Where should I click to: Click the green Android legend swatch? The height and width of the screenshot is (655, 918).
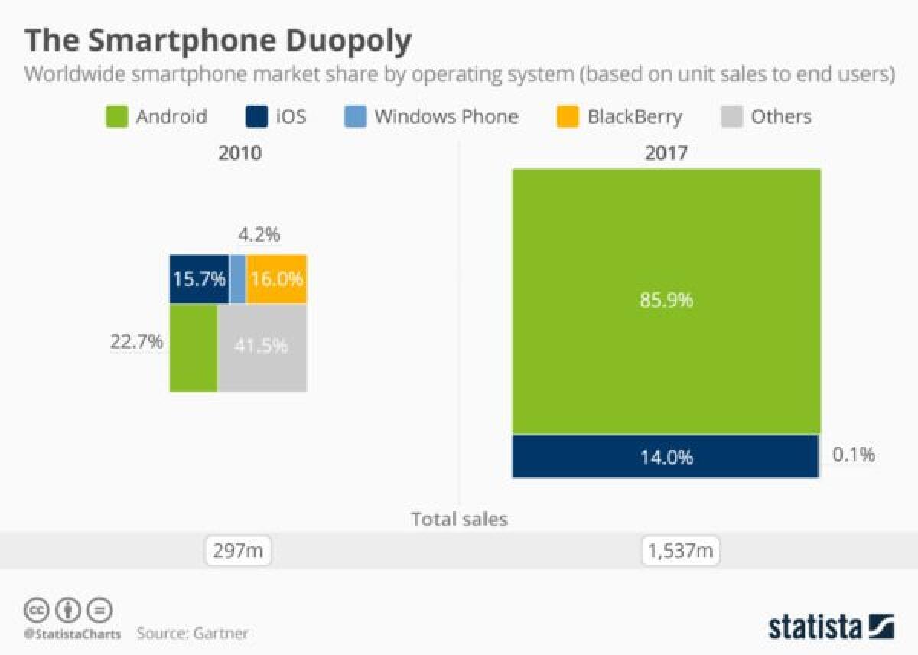pyautogui.click(x=115, y=117)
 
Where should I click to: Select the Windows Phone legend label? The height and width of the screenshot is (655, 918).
pyautogui.click(x=446, y=117)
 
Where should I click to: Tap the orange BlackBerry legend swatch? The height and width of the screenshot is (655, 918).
pyautogui.click(x=567, y=117)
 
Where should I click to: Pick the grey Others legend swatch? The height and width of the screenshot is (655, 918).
pyautogui.click(x=731, y=117)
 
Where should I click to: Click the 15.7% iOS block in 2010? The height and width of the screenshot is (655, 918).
pyautogui.click(x=198, y=279)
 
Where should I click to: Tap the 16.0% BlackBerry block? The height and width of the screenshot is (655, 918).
pyautogui.click(x=276, y=279)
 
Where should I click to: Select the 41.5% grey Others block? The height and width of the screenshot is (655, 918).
pyautogui.click(x=262, y=347)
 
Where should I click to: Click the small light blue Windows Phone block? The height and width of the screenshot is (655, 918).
pyautogui.click(x=237, y=279)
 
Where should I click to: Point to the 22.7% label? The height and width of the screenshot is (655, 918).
pyautogui.click(x=137, y=341)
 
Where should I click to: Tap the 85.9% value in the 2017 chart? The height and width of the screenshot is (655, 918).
pyautogui.click(x=666, y=300)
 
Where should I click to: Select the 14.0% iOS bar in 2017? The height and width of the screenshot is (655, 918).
pyautogui.click(x=666, y=458)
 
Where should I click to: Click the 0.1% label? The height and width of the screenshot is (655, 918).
pyautogui.click(x=853, y=455)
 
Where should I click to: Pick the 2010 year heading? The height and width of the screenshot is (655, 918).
pyautogui.click(x=239, y=152)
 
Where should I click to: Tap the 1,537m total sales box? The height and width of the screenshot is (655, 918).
pyautogui.click(x=681, y=550)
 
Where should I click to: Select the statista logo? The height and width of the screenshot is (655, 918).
pyautogui.click(x=831, y=626)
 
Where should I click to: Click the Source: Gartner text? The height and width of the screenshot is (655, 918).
pyautogui.click(x=193, y=633)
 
